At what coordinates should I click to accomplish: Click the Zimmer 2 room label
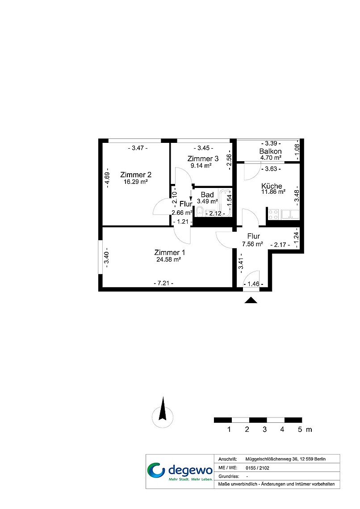click(x=136, y=175)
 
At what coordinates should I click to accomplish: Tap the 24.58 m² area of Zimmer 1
click(x=168, y=259)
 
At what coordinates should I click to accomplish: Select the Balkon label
click(x=270, y=151)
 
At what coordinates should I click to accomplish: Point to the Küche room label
click(x=272, y=186)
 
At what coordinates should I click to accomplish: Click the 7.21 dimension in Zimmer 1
click(x=163, y=283)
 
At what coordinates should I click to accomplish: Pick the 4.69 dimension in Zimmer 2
click(x=108, y=179)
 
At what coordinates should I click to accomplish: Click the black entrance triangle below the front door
click(x=251, y=300)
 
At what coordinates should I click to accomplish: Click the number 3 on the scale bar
click(x=264, y=430)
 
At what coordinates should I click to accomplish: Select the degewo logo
click(x=180, y=471)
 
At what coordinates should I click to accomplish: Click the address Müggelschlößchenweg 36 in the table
click(x=272, y=459)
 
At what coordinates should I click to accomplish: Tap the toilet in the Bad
click(x=200, y=212)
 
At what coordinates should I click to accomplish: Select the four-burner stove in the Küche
click(x=274, y=214)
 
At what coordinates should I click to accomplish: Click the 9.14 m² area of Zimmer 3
click(x=201, y=166)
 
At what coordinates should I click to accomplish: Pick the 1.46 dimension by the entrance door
click(x=253, y=284)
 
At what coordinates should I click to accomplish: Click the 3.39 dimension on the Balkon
click(x=271, y=143)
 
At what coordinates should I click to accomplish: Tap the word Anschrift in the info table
click(x=228, y=459)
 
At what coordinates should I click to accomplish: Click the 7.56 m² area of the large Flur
click(x=252, y=244)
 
